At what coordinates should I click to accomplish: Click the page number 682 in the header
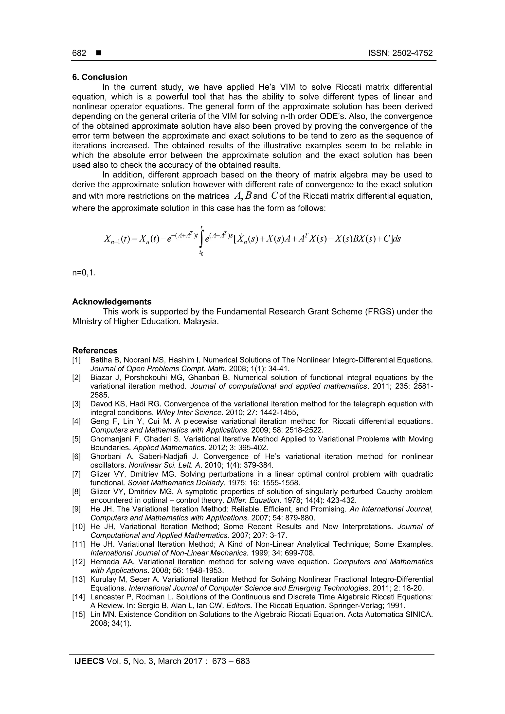[x=79, y=53]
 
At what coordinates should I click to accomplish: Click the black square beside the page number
[x=99, y=53]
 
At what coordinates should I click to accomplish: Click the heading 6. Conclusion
[x=100, y=77]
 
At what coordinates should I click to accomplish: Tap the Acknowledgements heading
[x=112, y=302]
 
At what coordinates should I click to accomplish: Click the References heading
[x=95, y=350]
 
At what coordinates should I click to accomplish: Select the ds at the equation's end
[x=397, y=239]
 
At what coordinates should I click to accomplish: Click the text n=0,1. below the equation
[x=84, y=273]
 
